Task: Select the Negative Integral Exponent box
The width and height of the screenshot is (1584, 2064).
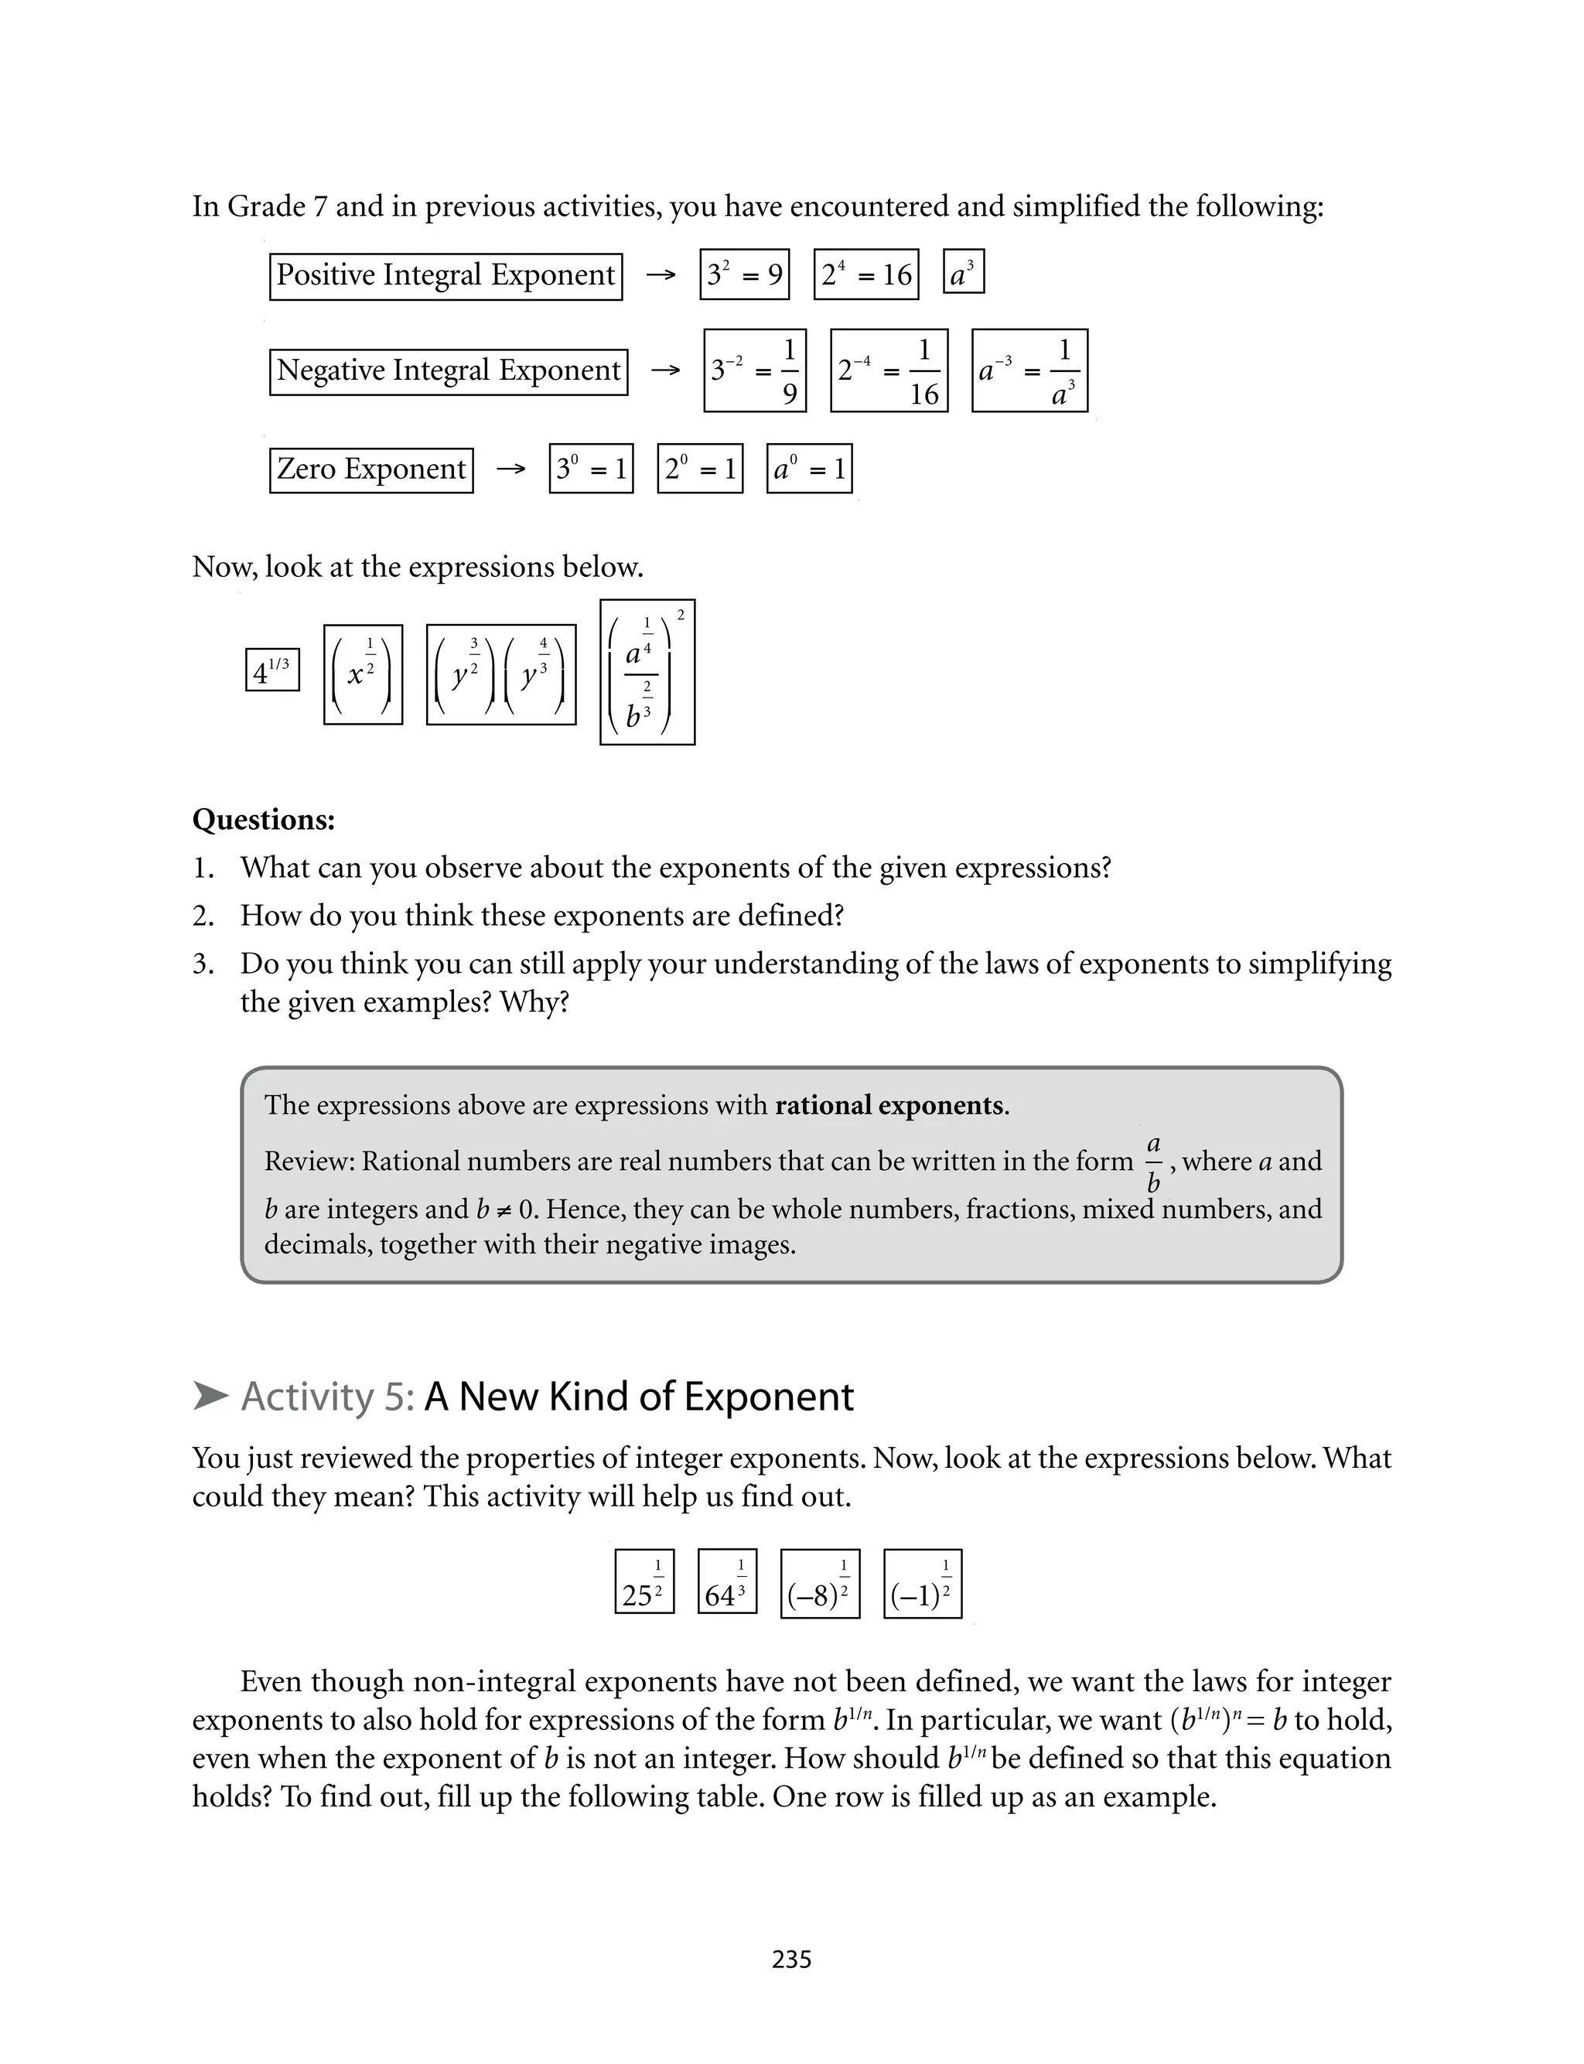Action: tap(448, 371)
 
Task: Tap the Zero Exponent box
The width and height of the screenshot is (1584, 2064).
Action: tap(370, 469)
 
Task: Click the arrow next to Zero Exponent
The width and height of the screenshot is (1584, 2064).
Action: tap(510, 469)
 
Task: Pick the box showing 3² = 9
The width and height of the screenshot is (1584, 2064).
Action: tap(744, 275)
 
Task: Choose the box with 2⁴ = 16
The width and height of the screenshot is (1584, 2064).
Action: tap(865, 275)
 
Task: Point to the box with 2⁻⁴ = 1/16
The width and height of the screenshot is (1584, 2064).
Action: tap(888, 370)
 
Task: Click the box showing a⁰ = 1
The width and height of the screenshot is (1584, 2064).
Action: tap(809, 469)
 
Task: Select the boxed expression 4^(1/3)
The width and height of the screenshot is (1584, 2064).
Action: tap(272, 670)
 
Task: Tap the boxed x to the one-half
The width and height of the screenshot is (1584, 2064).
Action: tap(363, 675)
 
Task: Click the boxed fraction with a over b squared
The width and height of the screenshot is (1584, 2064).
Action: tap(647, 672)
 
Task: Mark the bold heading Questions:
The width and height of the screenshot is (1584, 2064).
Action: tap(263, 819)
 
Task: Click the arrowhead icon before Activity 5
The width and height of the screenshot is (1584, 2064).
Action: tap(210, 1396)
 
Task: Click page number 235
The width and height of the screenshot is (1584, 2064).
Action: tap(791, 1960)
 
